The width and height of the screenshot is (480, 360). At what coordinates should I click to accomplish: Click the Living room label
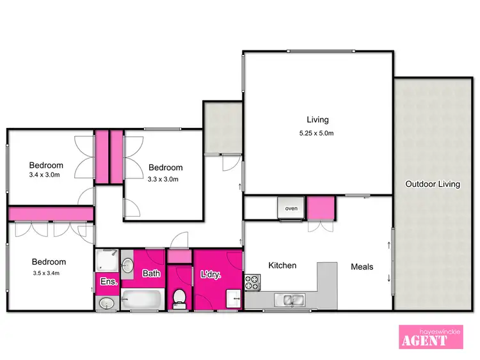[x=317, y=120]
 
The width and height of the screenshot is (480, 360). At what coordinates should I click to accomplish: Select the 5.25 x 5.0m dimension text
[x=317, y=134]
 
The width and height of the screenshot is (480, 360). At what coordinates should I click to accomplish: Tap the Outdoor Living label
[x=433, y=184]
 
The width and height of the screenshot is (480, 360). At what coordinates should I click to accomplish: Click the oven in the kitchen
[x=291, y=208]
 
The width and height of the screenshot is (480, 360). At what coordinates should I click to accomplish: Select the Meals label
[x=362, y=266]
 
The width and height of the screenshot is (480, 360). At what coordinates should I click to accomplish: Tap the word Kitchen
[x=282, y=265]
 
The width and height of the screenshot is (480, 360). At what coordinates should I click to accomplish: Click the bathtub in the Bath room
[x=142, y=299]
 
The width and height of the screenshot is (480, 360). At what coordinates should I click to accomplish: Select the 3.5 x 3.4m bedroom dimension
[x=49, y=274]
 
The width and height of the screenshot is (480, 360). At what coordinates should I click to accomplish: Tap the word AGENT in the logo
[x=424, y=340]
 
